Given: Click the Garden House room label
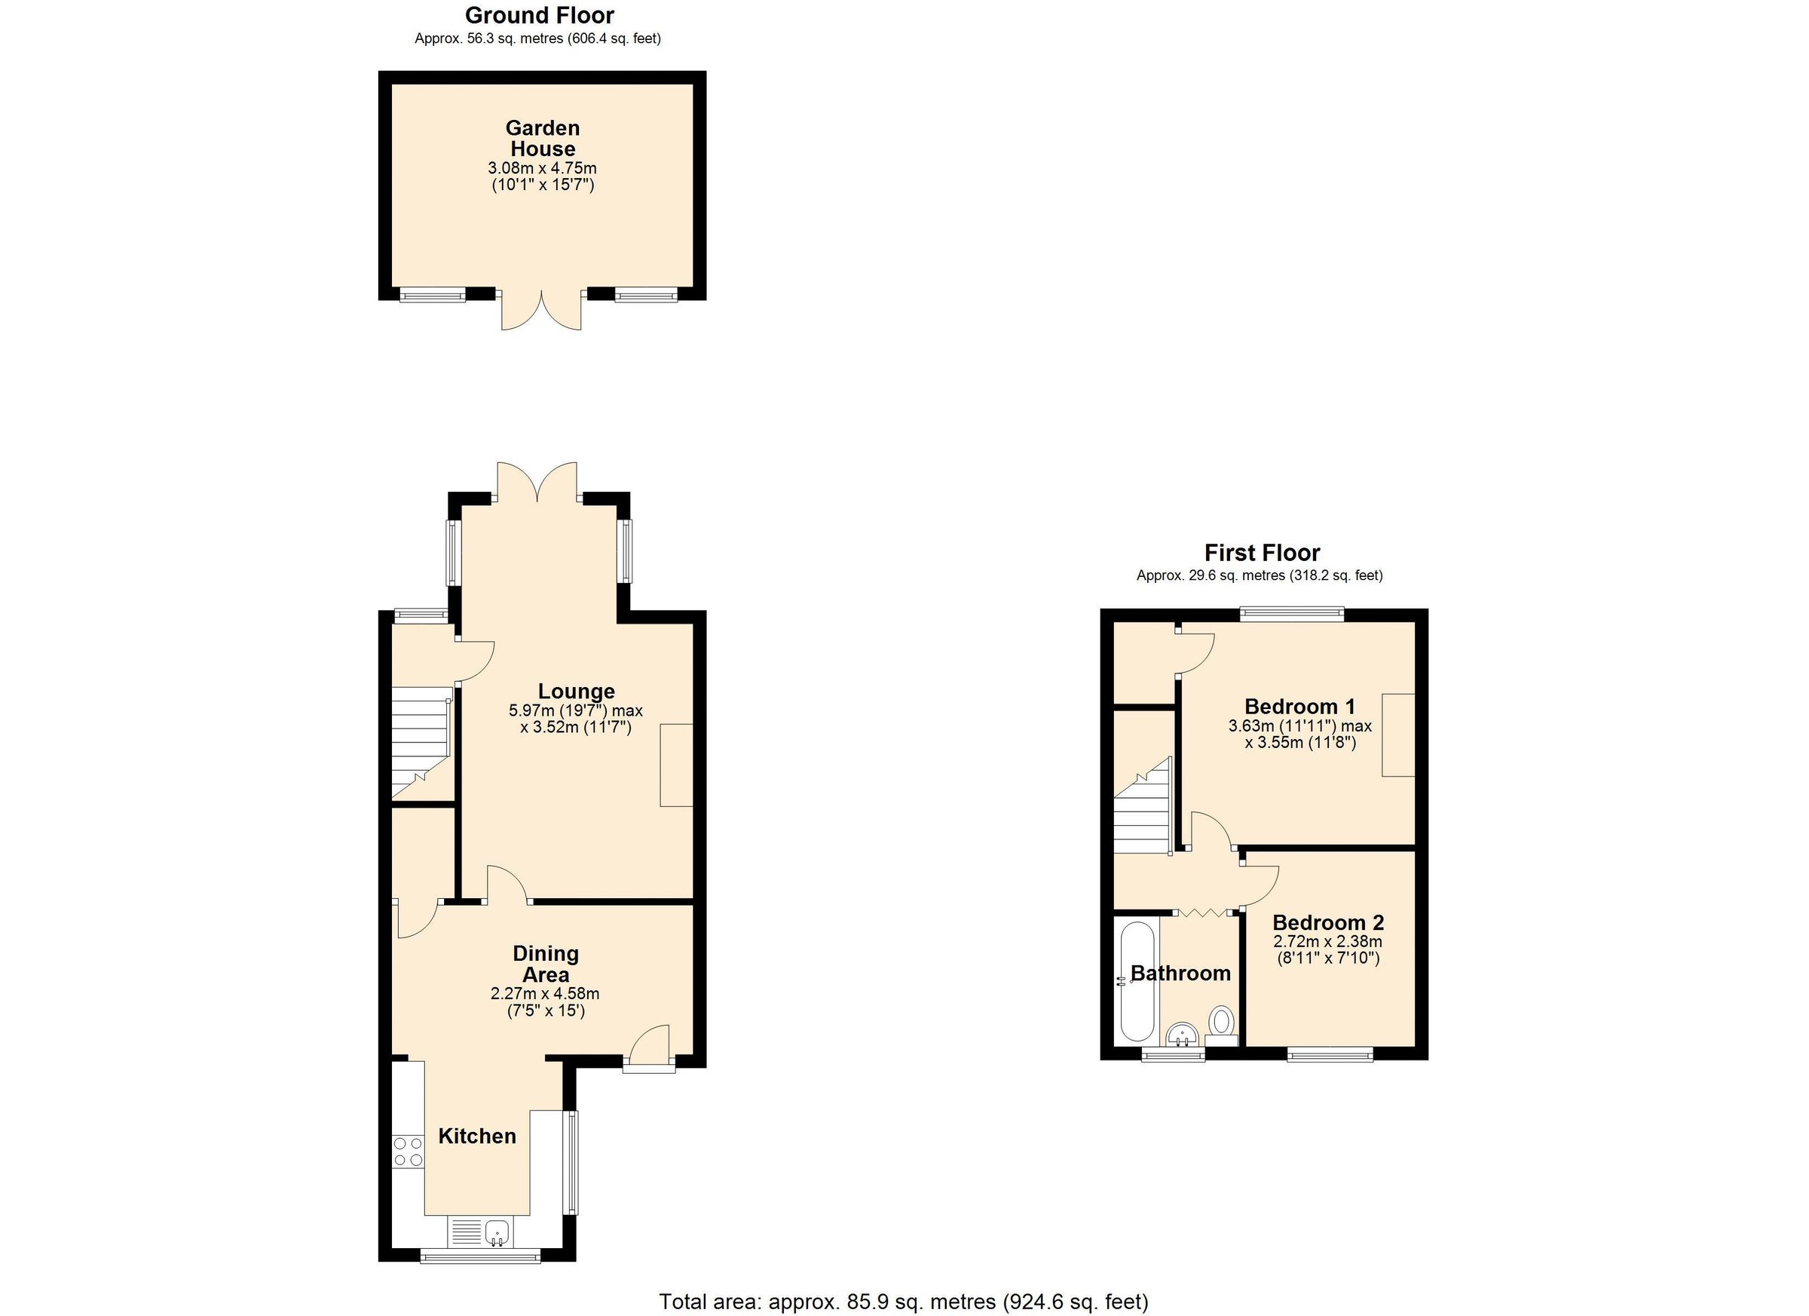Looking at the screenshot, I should (543, 138).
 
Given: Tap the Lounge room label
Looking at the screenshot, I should (576, 691).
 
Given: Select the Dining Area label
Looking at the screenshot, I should (546, 963).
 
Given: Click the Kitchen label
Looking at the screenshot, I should (477, 1136).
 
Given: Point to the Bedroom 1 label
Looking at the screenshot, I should (1299, 707).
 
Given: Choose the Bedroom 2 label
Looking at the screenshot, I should (1328, 922).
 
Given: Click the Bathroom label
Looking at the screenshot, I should (1180, 973).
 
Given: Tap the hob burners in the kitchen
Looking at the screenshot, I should (408, 1152).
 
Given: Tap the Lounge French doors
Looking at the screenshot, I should (537, 482).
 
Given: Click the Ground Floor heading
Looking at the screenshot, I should (539, 15).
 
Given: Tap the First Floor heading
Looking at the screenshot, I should (1262, 552).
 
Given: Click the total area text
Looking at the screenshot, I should (903, 1302).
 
